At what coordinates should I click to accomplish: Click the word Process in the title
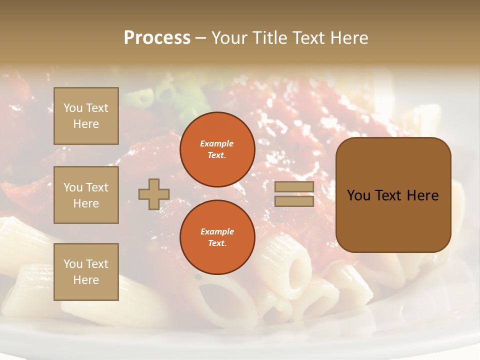pos(157,38)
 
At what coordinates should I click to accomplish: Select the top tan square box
pos(86,116)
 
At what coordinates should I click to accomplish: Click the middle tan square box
pos(86,195)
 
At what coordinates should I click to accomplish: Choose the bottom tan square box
pos(86,272)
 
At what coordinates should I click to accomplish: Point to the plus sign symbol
pos(154,194)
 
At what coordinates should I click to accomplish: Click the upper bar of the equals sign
pos(294,187)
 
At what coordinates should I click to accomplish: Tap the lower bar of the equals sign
pos(294,201)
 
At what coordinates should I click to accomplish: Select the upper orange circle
pos(217,149)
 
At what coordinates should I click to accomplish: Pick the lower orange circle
pos(217,237)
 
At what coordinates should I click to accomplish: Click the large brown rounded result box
pos(393,195)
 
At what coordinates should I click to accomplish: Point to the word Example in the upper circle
pos(217,143)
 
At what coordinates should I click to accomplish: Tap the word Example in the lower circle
pos(217,231)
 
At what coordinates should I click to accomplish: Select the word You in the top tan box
pos(73,108)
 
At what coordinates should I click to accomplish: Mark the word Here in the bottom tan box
pos(86,280)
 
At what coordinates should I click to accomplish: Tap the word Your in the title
pos(229,38)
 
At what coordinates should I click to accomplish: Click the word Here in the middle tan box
pos(86,203)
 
